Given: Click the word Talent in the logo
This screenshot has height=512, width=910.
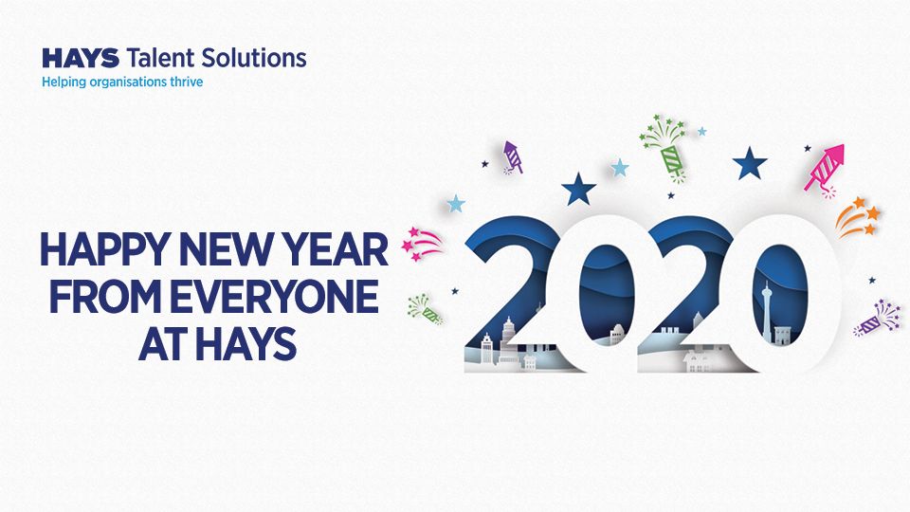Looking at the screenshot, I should coord(158,58).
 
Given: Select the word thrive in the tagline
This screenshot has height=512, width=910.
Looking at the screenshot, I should coord(183,82).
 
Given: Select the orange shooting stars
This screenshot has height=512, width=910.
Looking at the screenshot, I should coord(857,217).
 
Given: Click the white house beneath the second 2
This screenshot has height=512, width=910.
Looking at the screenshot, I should coord(700,359).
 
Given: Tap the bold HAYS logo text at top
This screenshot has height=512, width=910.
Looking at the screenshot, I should coord(81,58).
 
